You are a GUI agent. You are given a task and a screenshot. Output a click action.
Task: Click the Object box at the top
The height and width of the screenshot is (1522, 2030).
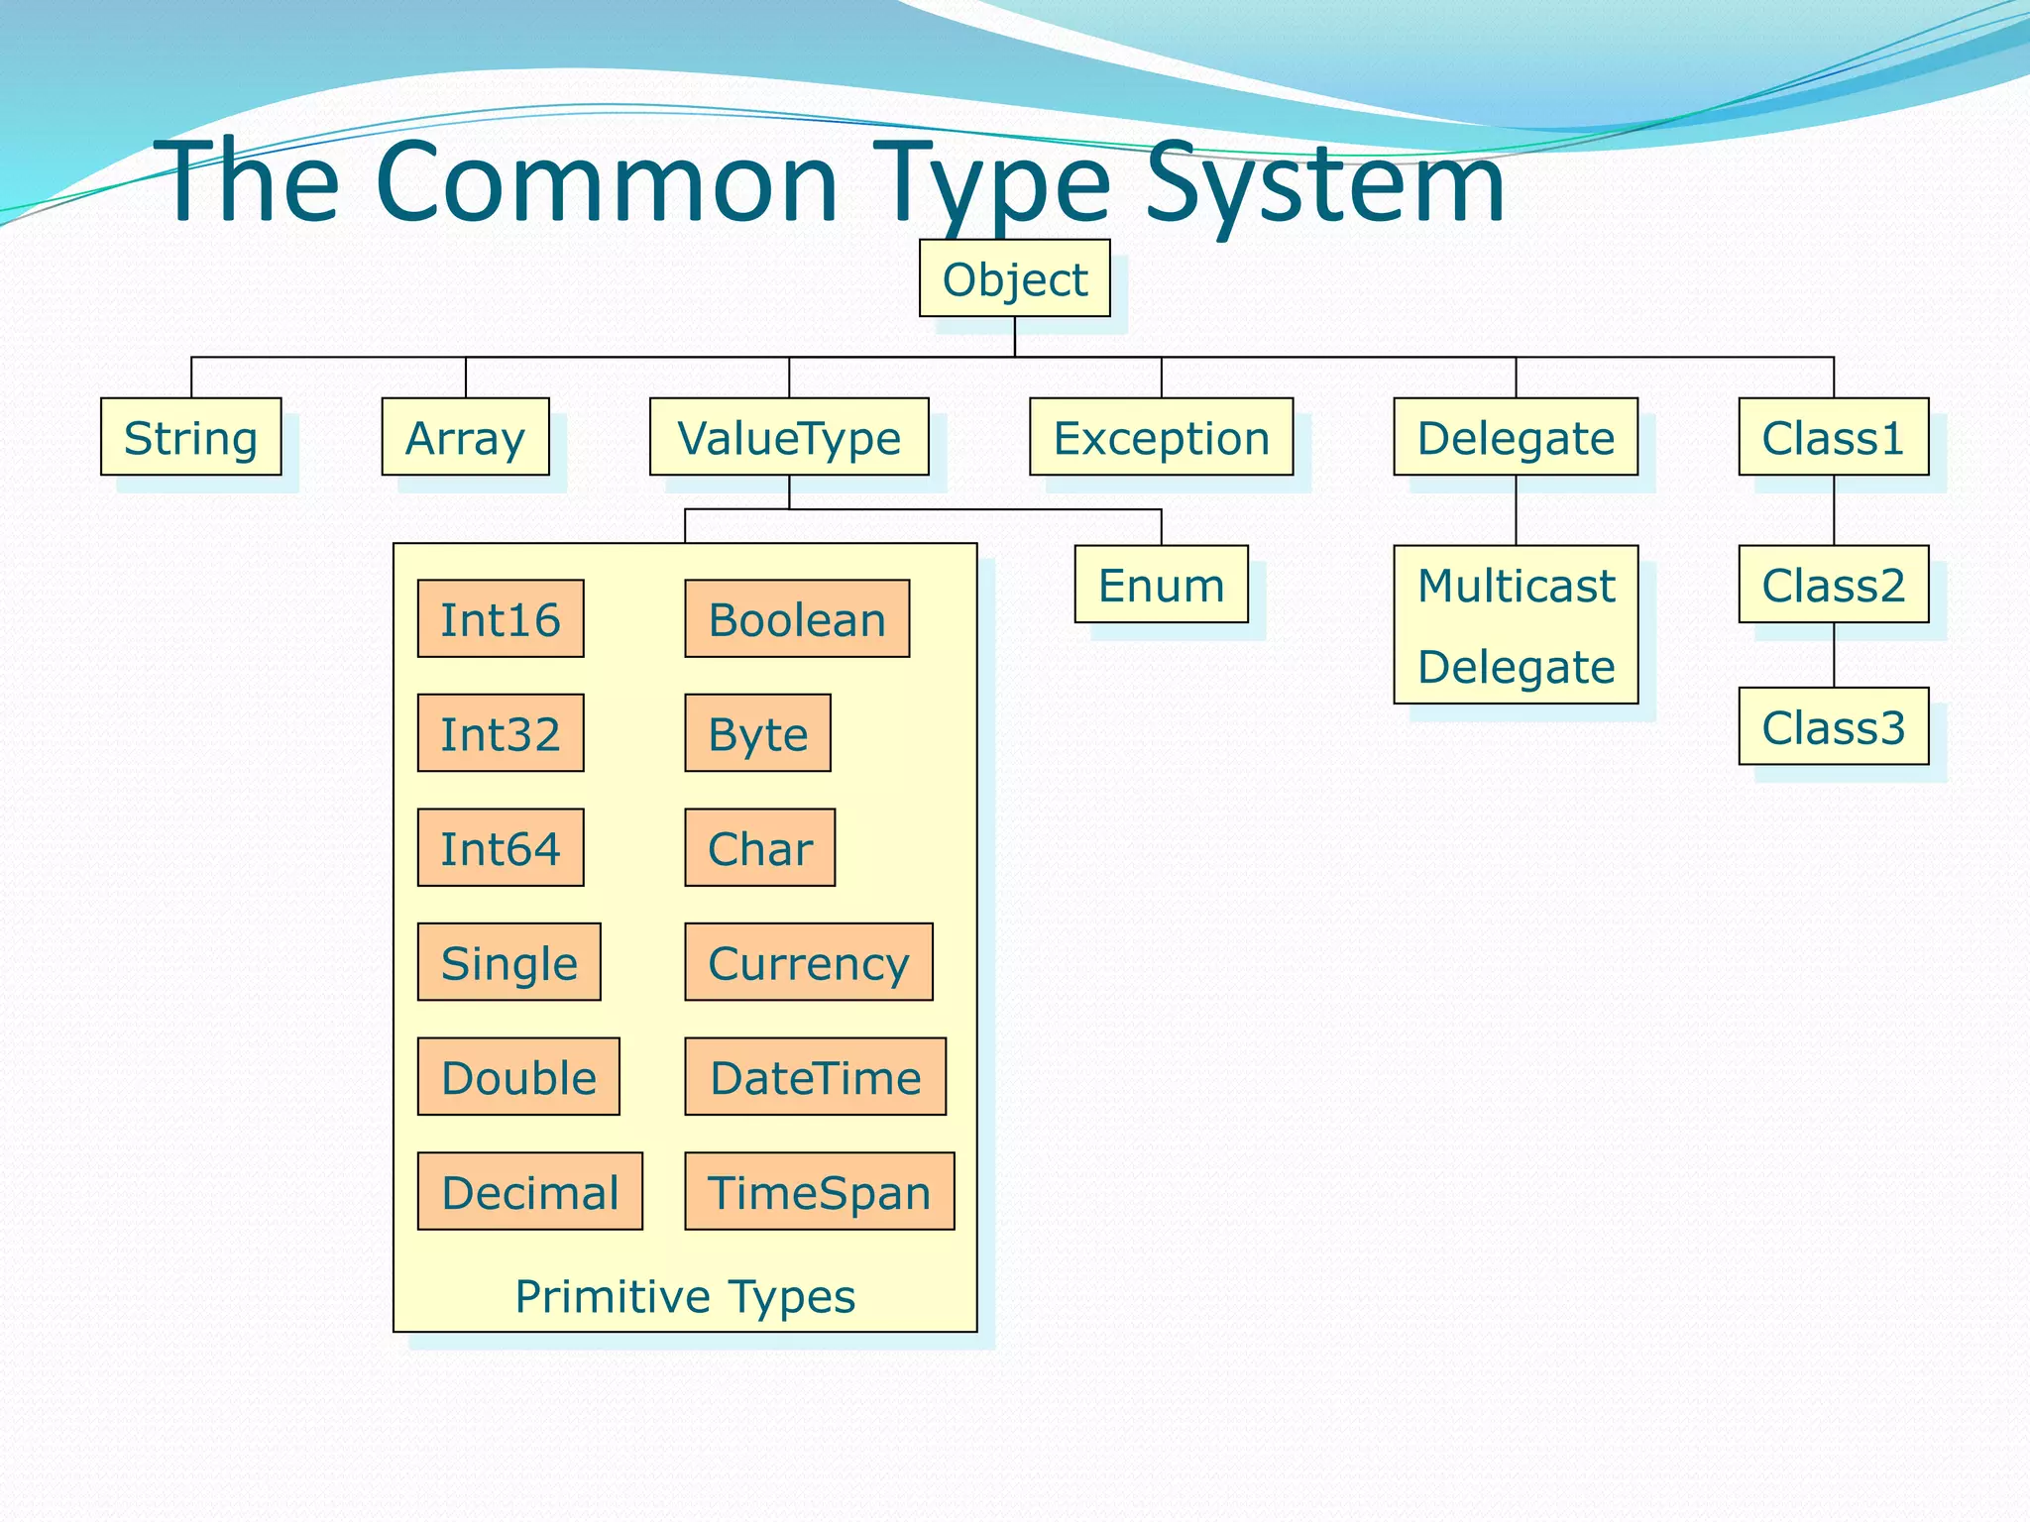coord(1014,278)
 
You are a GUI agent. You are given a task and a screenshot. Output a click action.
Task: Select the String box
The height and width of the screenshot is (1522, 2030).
coord(190,437)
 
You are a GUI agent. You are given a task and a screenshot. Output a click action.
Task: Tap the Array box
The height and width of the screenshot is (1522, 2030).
coord(465,437)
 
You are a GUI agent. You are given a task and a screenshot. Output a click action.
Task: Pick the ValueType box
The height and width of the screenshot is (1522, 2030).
coord(789,437)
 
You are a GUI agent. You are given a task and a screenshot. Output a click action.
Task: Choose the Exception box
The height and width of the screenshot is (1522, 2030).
coord(1161,437)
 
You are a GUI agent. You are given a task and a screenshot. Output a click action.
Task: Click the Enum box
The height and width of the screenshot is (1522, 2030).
coord(1161,585)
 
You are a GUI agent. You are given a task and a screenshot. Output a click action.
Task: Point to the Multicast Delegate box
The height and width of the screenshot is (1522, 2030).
coord(1516,624)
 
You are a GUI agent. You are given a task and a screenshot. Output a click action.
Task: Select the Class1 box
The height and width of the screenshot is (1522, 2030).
coord(1833,437)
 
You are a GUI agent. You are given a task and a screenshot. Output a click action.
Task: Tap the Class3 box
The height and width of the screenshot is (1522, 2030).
coord(1833,726)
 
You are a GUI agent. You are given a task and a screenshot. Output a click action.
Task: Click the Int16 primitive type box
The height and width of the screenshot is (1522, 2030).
coord(501,619)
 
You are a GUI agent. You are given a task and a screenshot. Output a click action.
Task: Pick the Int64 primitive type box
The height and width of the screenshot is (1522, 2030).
coord(501,848)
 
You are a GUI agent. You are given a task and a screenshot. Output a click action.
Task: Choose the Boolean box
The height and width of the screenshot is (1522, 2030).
coord(797,619)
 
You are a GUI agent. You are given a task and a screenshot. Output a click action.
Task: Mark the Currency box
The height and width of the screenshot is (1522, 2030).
coord(809,962)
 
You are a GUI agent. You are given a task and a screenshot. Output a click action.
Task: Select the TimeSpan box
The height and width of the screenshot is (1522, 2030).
coord(820,1191)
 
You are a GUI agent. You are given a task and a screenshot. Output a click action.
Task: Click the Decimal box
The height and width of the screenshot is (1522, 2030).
coord(530,1191)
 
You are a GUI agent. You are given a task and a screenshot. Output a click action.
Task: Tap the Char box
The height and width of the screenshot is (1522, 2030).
coord(760,848)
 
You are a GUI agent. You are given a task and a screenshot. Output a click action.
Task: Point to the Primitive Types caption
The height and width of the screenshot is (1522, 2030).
coord(685,1296)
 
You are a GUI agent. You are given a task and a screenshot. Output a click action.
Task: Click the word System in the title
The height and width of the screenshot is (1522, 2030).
coord(1325,183)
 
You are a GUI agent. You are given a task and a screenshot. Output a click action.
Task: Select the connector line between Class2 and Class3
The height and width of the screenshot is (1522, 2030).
coord(1834,655)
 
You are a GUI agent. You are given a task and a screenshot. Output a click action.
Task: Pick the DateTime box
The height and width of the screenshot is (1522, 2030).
coord(816,1077)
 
